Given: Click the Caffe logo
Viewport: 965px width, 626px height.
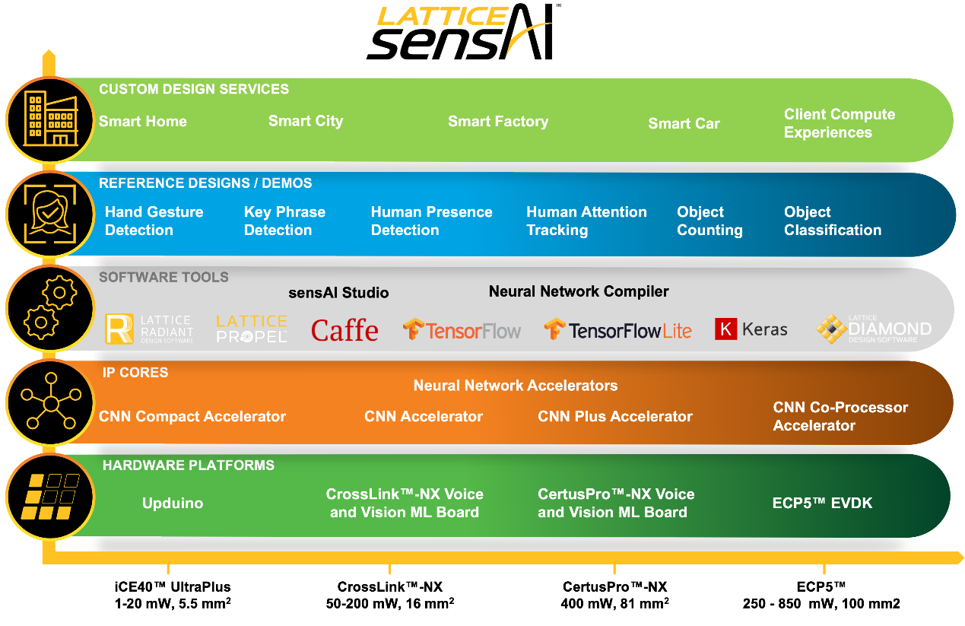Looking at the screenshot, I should [344, 330].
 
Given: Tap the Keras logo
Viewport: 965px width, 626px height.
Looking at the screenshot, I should [751, 329].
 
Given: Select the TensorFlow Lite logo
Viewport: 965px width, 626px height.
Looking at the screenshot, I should [617, 330].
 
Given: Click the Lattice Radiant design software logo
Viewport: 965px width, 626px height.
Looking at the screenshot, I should [149, 329].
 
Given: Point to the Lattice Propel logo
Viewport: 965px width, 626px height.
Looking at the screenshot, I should [252, 329].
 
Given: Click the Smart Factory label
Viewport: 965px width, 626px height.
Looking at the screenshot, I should [498, 122].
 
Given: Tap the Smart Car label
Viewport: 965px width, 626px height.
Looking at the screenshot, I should [684, 124].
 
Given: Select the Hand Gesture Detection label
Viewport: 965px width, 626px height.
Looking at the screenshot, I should [154, 221].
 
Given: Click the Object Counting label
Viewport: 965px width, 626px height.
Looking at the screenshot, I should [709, 221].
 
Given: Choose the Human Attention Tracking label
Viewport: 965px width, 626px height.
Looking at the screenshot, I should [586, 221].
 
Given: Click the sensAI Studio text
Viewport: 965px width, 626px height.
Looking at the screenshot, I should [338, 293].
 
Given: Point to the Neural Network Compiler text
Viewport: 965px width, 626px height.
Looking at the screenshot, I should [579, 291].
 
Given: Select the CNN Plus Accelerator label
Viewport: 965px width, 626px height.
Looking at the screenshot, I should [615, 417].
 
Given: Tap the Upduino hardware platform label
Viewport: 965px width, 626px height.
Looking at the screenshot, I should [173, 504].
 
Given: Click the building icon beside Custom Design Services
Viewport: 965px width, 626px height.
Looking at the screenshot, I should [51, 119].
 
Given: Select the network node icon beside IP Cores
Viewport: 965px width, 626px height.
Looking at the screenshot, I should [50, 403].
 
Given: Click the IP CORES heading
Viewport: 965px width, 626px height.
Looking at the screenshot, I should [135, 373].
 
